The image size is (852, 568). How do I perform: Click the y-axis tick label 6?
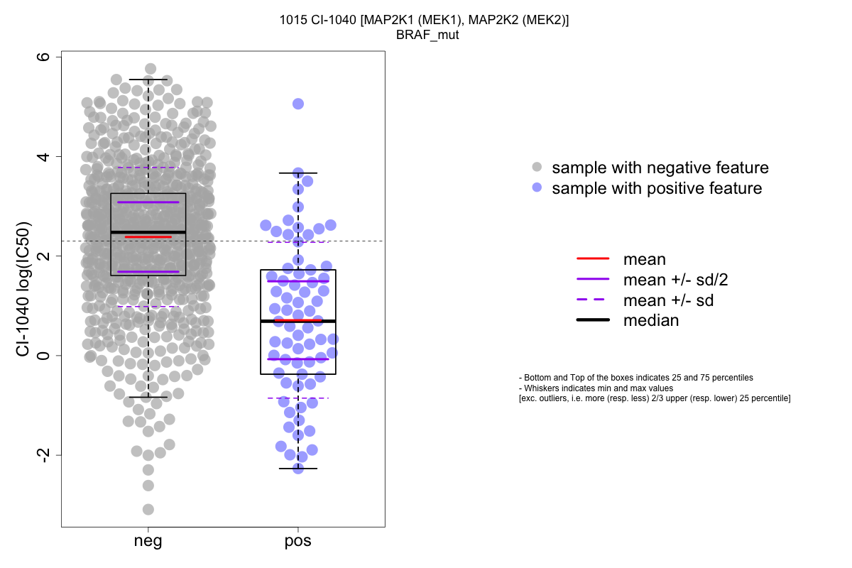coord(43,57)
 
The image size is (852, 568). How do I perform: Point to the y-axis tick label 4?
coord(43,156)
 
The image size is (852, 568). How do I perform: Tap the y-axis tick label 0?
coord(43,355)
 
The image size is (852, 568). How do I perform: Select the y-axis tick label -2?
coord(43,456)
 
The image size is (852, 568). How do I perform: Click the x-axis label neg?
coord(148,542)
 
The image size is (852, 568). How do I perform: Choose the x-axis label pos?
coord(298,542)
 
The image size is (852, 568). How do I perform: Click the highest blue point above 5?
coord(298,104)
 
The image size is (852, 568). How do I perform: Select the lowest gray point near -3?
coord(148,509)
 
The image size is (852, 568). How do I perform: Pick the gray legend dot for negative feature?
coord(537,168)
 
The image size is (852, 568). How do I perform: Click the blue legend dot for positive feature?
coord(537,188)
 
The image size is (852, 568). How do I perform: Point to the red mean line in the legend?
coord(593,259)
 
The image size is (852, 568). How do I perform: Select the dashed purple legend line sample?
coord(593,300)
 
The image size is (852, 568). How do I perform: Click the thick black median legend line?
coord(593,320)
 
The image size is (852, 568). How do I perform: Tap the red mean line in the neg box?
coord(148,236)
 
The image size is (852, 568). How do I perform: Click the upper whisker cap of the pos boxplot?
coord(298,173)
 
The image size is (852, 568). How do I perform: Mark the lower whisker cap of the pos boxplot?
coord(298,469)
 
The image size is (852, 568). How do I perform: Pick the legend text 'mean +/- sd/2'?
coord(675,280)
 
